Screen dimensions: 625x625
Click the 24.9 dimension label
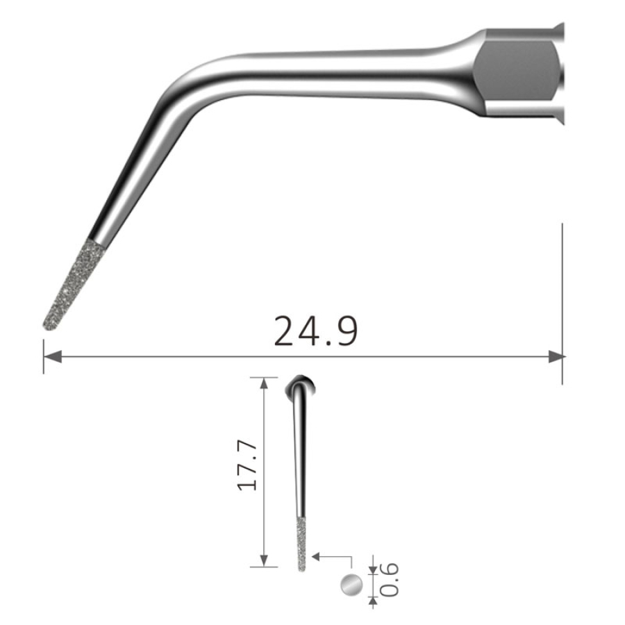[x=315, y=331]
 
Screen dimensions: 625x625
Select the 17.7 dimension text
[x=247, y=465]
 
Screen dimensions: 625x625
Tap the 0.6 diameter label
[x=389, y=580]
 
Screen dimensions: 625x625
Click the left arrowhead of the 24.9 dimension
[x=52, y=357]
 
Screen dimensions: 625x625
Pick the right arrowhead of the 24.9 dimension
[x=556, y=357]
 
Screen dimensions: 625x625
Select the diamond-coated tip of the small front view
[x=302, y=544]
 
